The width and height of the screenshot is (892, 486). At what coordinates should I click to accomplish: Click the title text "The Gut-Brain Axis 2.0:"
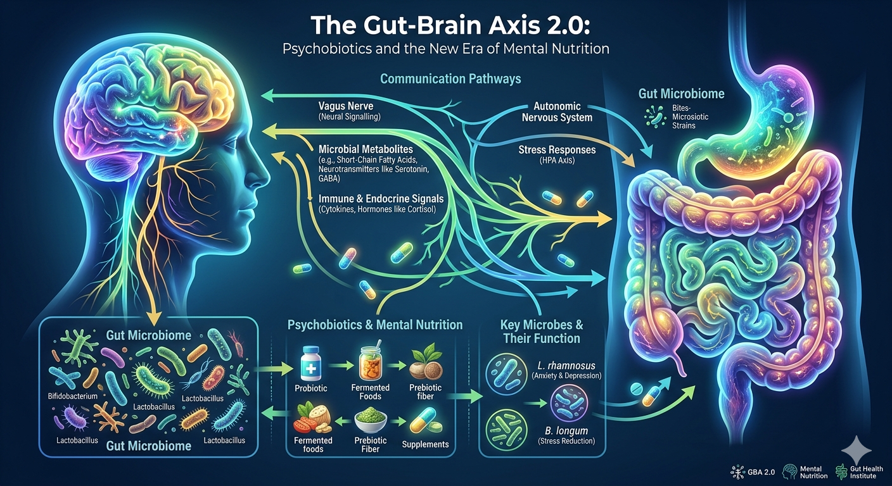[x=450, y=25]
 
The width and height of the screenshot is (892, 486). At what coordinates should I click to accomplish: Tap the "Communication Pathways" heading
[x=450, y=78]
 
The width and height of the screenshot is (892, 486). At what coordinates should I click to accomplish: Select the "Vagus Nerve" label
[x=346, y=106]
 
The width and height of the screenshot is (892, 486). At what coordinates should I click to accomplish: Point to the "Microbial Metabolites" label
[x=366, y=149]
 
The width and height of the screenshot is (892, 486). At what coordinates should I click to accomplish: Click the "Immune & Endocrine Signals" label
[x=381, y=199]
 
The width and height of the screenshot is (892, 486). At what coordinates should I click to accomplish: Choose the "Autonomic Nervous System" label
[x=557, y=112]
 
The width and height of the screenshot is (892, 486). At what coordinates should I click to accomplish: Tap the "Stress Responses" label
[x=557, y=150]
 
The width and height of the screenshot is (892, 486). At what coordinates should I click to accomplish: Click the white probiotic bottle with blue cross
[x=310, y=363]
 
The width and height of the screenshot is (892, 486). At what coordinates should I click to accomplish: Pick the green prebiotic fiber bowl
[x=371, y=419]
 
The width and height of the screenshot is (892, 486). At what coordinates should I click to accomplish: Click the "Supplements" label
[x=425, y=444]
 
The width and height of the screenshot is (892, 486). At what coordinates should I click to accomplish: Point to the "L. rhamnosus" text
[x=566, y=366]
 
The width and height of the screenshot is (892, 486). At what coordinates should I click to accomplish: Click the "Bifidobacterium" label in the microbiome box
[x=72, y=396]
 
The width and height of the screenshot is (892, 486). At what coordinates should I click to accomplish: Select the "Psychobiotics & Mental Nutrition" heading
[x=374, y=325]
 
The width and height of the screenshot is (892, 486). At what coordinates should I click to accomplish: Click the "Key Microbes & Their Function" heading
[x=542, y=332]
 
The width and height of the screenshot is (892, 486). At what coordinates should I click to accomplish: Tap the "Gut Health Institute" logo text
[x=866, y=472]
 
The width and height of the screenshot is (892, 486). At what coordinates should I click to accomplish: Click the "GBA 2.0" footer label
[x=761, y=472]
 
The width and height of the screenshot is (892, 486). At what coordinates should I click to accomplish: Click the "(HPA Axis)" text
[x=557, y=161]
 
